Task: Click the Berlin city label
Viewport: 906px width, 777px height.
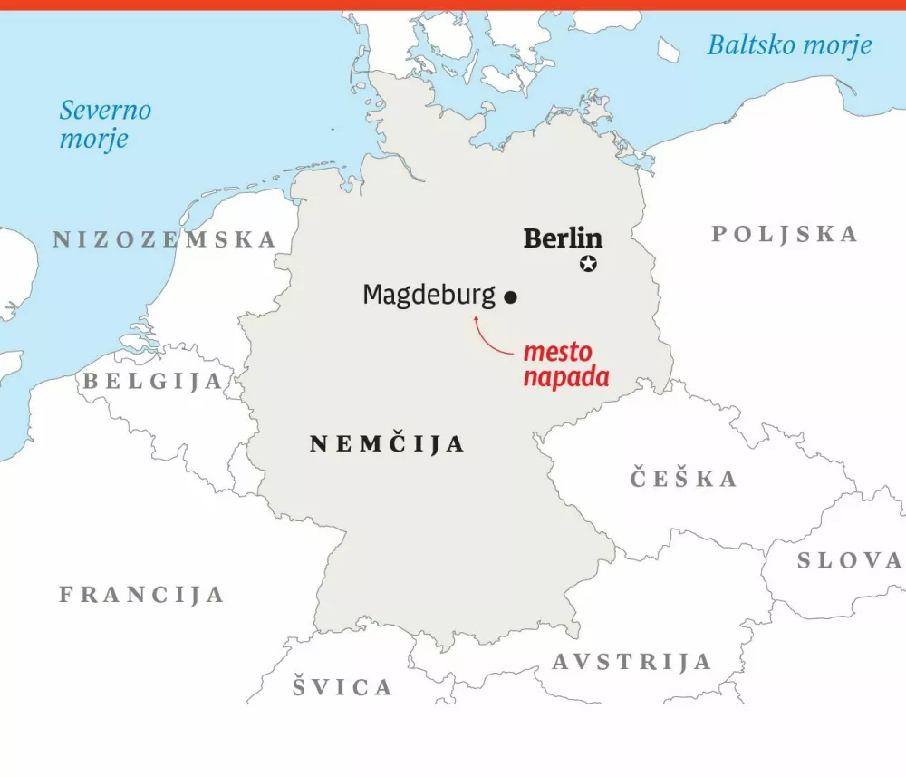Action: [563, 238]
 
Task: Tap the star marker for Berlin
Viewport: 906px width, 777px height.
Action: [589, 265]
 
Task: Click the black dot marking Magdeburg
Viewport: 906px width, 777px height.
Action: [510, 296]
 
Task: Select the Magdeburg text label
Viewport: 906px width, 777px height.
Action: [429, 295]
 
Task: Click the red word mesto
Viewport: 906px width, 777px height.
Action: [558, 351]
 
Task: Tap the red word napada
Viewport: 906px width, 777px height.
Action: [565, 377]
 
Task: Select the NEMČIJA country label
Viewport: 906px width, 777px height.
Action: [387, 443]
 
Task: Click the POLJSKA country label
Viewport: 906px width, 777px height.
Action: [784, 234]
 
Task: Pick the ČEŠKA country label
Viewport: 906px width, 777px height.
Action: [684, 479]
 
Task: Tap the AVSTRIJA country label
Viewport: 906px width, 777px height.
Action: [631, 662]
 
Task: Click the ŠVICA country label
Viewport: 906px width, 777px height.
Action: [342, 687]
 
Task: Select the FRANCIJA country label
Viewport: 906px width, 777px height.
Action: [141, 595]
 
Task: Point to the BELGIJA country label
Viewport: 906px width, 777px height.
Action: [153, 382]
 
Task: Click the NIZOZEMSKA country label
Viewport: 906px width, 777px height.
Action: [164, 239]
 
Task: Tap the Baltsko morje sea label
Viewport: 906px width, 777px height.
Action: [789, 45]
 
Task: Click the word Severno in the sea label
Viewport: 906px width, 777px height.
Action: [105, 112]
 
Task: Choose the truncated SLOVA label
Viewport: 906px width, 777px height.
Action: [849, 561]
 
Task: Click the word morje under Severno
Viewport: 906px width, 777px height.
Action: [93, 140]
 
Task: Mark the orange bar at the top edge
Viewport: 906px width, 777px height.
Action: [453, 5]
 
